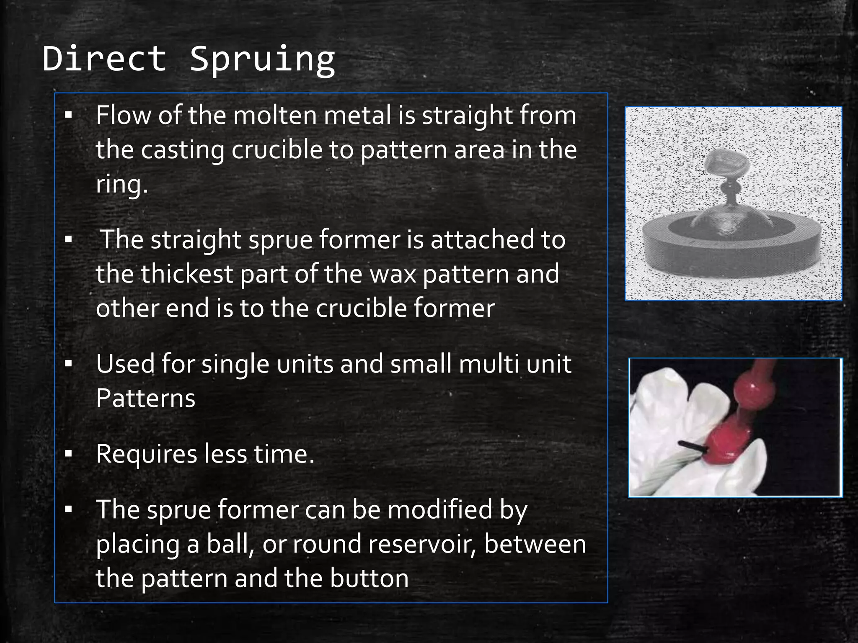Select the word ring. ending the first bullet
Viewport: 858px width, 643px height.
[121, 185]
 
